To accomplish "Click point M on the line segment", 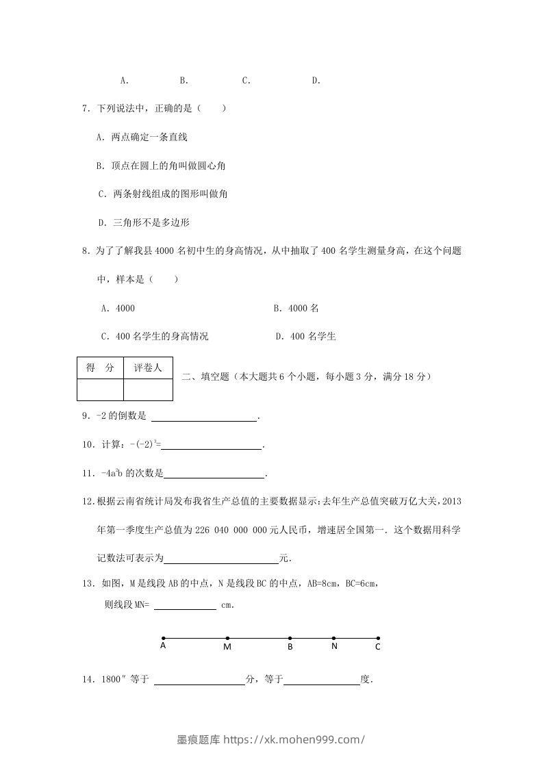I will coord(227,639).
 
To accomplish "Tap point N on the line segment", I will coord(333,639).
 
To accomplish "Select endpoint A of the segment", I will coord(163,639).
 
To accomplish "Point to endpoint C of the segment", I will coord(378,639).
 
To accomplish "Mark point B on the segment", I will coord(290,639).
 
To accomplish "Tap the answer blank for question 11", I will coord(214,474).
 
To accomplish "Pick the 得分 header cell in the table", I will coord(100,368).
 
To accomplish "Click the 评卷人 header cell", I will coord(148,368).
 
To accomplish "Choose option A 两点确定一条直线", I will coord(142,137).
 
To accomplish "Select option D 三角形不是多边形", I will coord(144,222).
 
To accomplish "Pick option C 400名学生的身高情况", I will coord(155,336).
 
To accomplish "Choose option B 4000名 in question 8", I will coord(296,308).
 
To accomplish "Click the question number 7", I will coord(85,108).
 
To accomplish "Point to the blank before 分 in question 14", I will coord(200,680).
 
